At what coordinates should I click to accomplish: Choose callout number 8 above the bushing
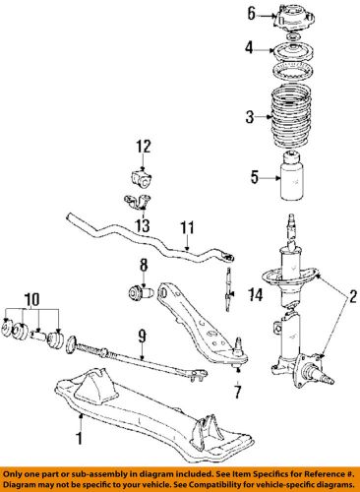[x=143, y=265]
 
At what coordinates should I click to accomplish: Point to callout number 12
[x=143, y=147]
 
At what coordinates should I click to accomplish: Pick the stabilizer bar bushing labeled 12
[x=142, y=179]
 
